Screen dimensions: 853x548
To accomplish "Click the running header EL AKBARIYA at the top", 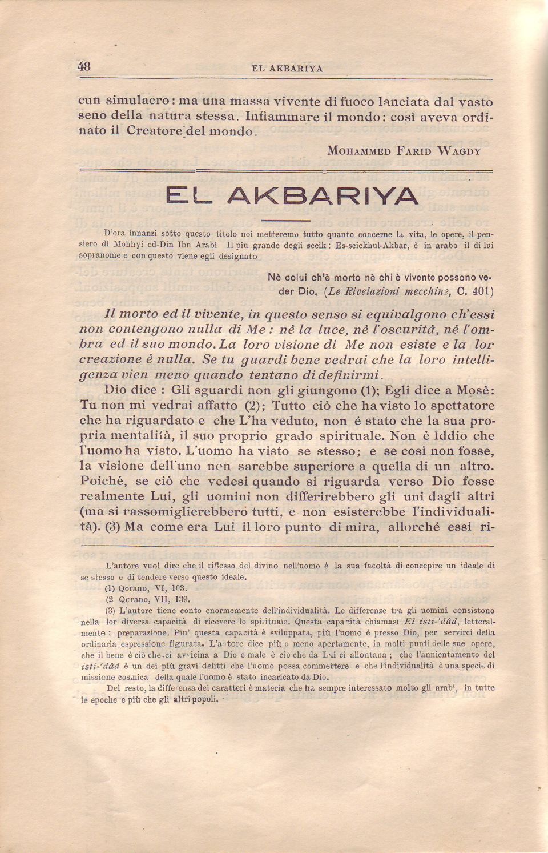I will pyautogui.click(x=287, y=69).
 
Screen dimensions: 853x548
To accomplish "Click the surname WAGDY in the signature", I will pyautogui.click(x=459, y=151).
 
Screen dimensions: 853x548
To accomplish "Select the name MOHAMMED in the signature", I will pyautogui.click(x=358, y=151).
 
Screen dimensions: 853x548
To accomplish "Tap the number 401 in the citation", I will pyautogui.click(x=482, y=291).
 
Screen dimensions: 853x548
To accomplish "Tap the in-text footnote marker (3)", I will pyautogui.click(x=112, y=526).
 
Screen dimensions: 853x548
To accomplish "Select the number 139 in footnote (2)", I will pyautogui.click(x=183, y=599).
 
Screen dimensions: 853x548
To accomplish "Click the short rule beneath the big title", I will pyautogui.click(x=287, y=220).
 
